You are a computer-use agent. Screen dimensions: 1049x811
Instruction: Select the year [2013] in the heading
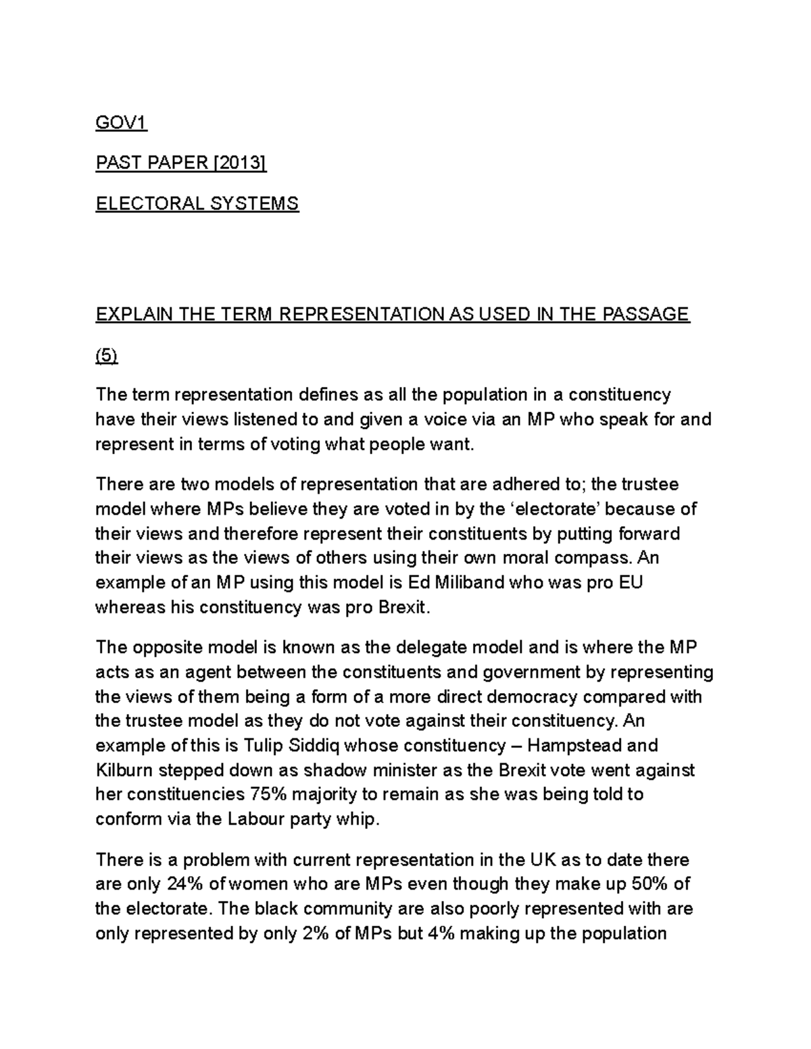240,163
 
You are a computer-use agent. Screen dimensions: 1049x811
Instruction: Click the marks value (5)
106,357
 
